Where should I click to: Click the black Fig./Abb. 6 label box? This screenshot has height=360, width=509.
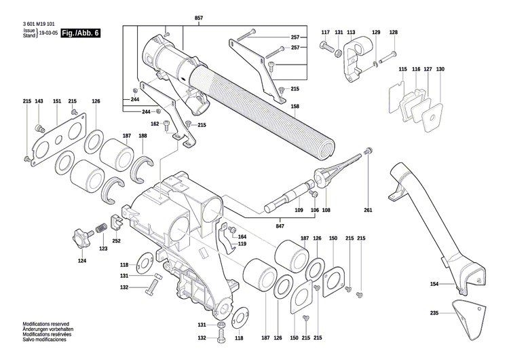pos(79,33)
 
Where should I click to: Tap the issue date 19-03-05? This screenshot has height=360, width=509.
pos(48,33)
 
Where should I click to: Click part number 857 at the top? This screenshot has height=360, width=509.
pos(198,16)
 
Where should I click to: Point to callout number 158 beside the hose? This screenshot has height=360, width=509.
pos(295,107)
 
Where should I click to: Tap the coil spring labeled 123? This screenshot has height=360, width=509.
pos(100,228)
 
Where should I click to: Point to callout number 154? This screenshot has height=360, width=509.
pos(434,284)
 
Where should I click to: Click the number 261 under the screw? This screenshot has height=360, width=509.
pos(368,210)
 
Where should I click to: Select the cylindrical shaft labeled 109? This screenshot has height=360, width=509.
pos(288,198)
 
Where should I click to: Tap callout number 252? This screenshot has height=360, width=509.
pos(116,240)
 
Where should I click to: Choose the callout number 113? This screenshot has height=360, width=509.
pos(351,33)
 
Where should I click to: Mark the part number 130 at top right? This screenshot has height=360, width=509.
pos(440,69)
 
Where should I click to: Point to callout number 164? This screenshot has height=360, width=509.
pos(242,237)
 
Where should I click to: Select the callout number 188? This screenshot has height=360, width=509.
pos(143,137)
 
